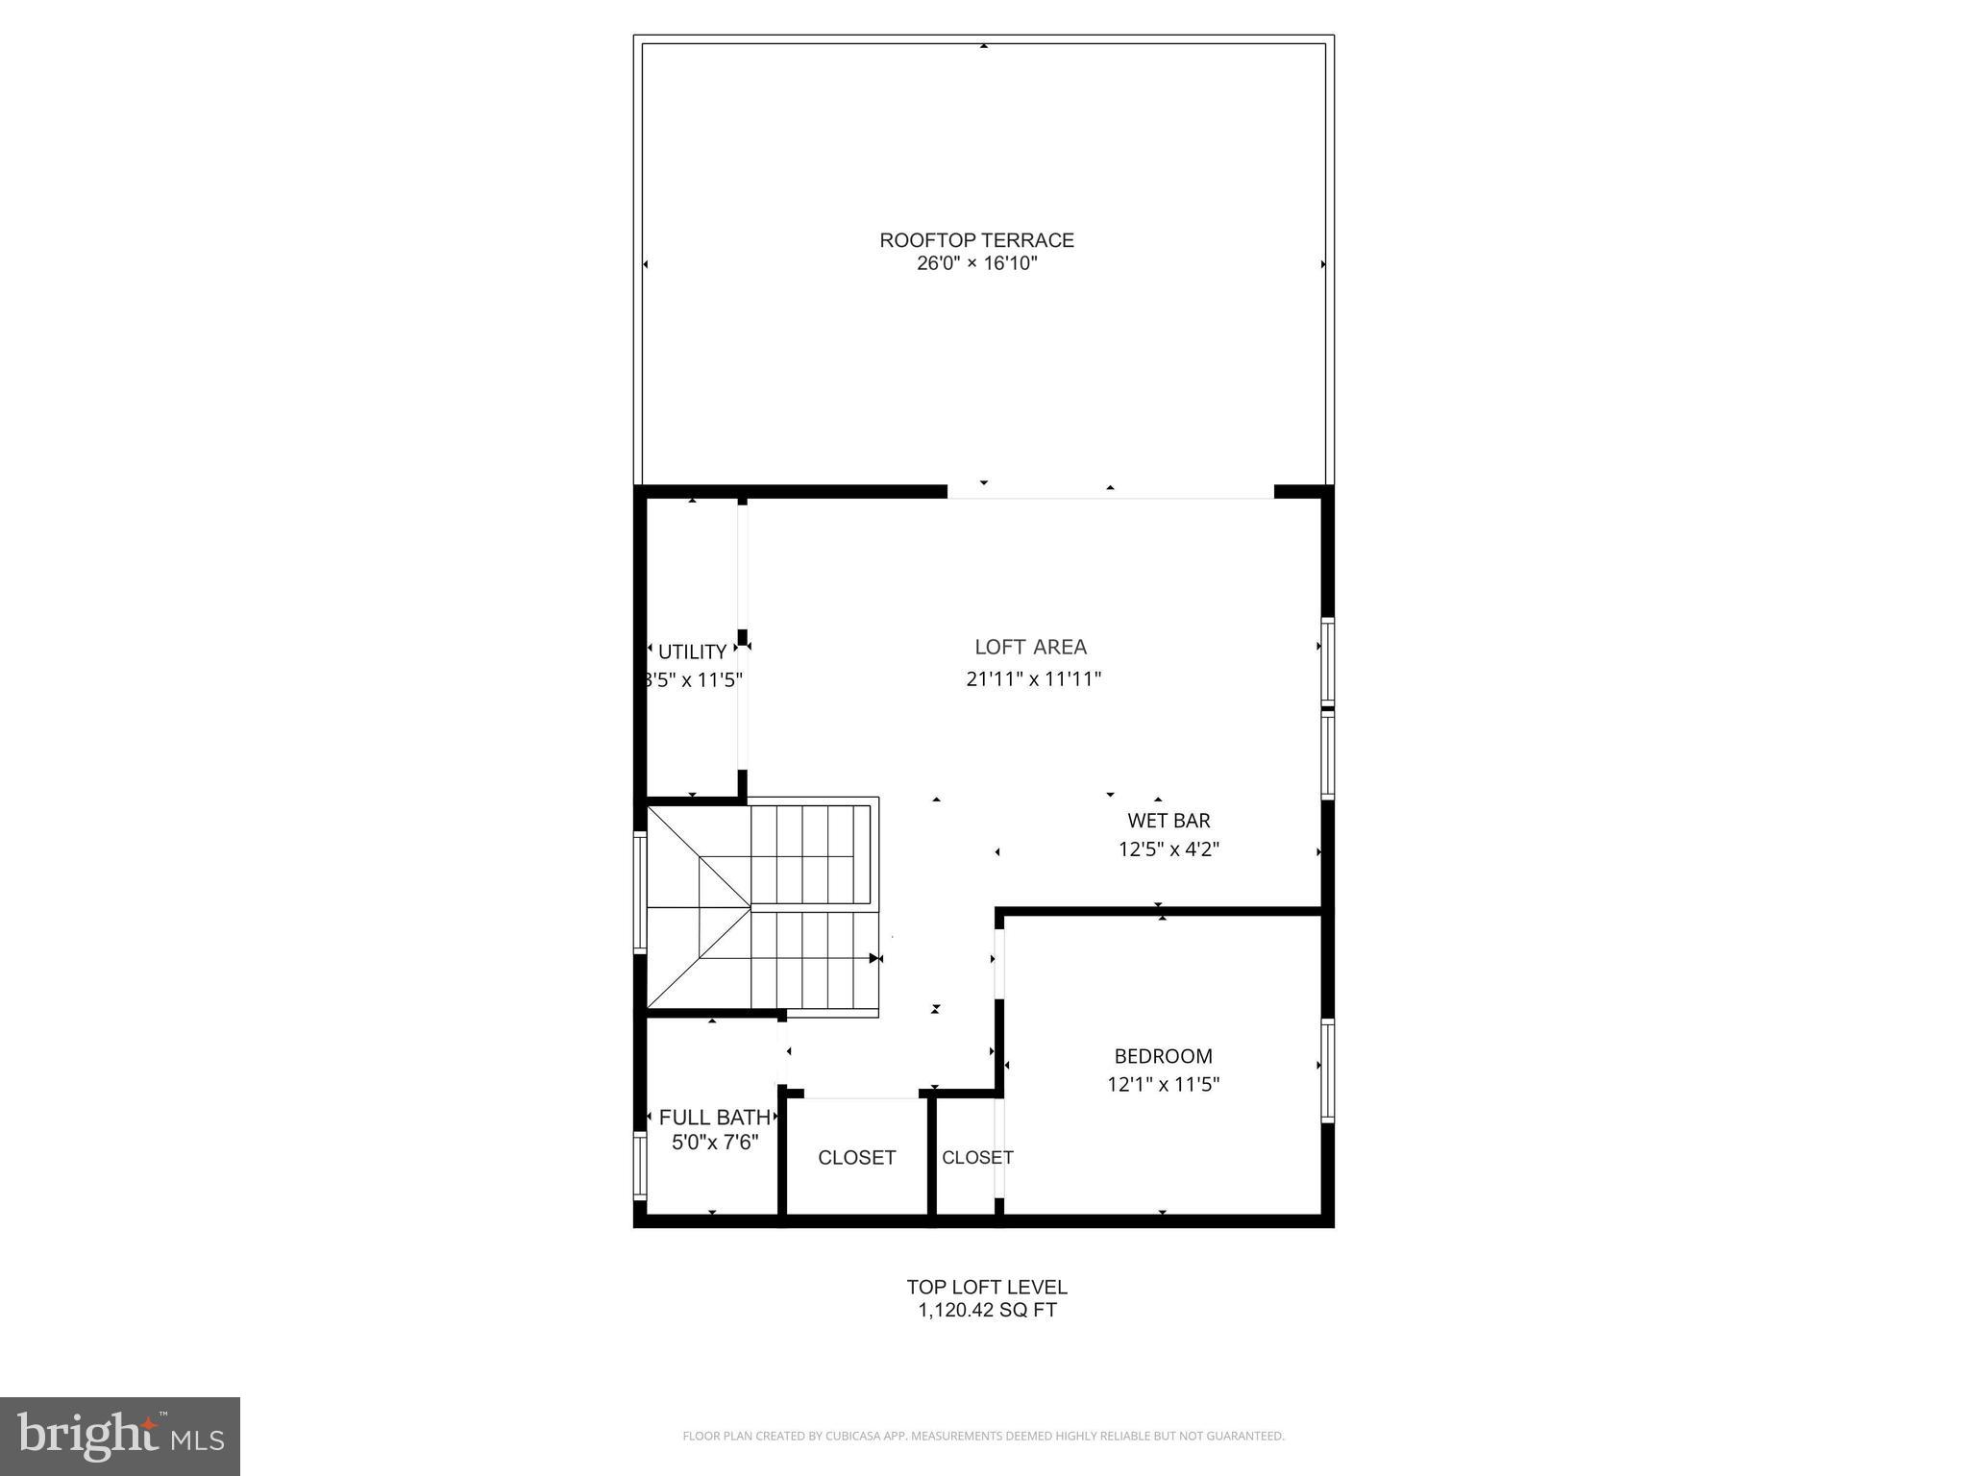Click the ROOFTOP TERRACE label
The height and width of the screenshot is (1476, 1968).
pos(976,240)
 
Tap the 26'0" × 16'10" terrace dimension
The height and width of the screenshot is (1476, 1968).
pos(976,264)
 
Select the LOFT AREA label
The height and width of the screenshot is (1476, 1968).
pos(1030,648)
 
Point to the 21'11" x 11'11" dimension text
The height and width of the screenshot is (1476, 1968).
pos(1033,679)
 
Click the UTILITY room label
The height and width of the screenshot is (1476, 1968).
pos(692,652)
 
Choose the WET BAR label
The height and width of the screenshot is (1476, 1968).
pos(1168,821)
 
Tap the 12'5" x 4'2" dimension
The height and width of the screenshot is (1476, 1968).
pos(1168,849)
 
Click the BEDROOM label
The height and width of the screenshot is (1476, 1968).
pos(1163,1056)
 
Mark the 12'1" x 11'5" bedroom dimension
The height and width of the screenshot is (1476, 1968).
pos(1163,1085)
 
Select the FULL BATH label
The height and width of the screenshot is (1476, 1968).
pos(714,1118)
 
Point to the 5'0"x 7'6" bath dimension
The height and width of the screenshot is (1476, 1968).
pos(714,1143)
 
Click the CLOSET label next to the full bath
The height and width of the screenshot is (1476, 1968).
pos(856,1158)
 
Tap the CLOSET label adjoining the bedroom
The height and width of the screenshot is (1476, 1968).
pos(976,1158)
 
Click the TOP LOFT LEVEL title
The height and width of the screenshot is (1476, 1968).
pos(987,1288)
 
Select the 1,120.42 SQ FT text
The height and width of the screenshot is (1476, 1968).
pos(987,1311)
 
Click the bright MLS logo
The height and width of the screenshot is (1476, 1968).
pos(120,1437)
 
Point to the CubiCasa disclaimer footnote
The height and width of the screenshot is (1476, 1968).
pos(983,1436)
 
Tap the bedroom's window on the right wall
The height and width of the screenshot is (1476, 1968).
pos(1327,1070)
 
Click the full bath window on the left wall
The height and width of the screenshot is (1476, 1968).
pos(640,1165)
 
